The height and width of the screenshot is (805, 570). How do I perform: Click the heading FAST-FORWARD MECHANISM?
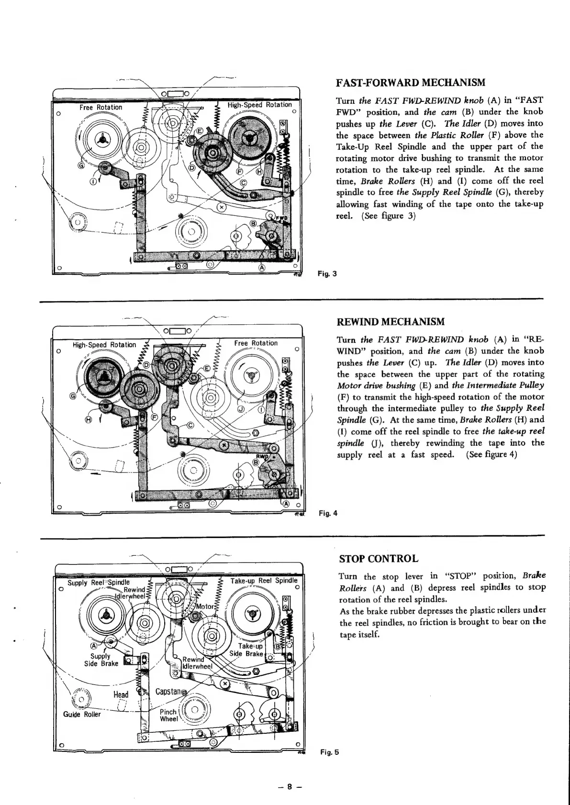pyautogui.click(x=411, y=83)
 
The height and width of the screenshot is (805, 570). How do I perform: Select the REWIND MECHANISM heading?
pyautogui.click(x=391, y=321)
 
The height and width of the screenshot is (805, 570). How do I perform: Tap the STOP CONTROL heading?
pyautogui.click(x=379, y=559)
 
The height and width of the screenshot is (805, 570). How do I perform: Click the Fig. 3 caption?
pyautogui.click(x=328, y=274)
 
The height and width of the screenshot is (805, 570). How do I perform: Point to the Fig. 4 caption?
pyautogui.click(x=328, y=513)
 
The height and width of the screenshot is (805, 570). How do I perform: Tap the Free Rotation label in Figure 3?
pyautogui.click(x=101, y=107)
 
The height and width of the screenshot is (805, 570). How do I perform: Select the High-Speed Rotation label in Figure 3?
pyautogui.click(x=259, y=105)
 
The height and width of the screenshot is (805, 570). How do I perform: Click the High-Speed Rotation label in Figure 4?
pyautogui.click(x=104, y=344)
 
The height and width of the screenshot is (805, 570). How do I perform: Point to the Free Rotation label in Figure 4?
pyautogui.click(x=256, y=343)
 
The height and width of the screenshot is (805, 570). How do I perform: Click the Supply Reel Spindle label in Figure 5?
pyautogui.click(x=98, y=583)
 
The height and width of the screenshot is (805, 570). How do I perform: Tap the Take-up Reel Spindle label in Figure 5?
pyautogui.click(x=264, y=581)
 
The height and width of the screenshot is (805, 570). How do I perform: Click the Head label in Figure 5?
pyautogui.click(x=121, y=695)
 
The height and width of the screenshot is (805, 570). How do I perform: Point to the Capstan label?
pyautogui.click(x=168, y=692)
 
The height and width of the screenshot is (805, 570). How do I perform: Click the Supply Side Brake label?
pyautogui.click(x=101, y=660)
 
